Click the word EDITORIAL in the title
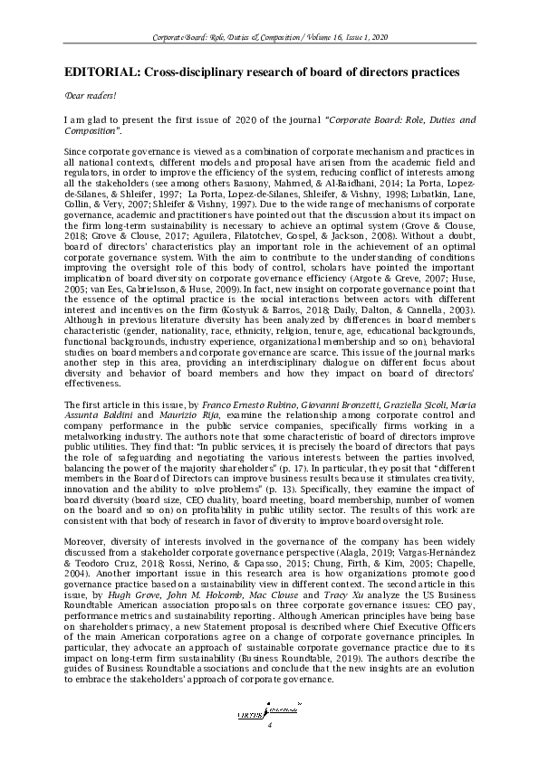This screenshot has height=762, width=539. pyautogui.click(x=96, y=71)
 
